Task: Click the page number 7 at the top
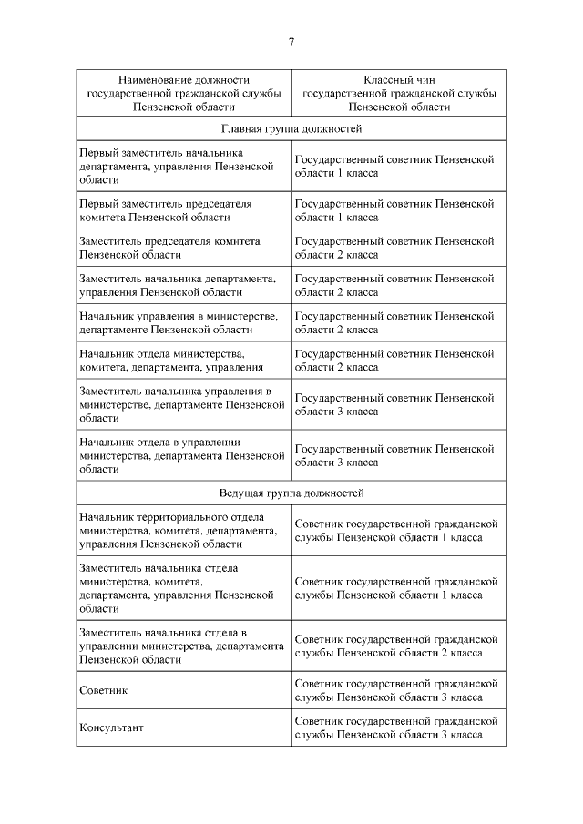pyautogui.click(x=291, y=42)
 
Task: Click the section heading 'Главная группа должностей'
pyautogui.click(x=291, y=129)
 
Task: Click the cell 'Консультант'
pyautogui.click(x=111, y=727)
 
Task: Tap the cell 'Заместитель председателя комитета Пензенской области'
pyautogui.click(x=169, y=248)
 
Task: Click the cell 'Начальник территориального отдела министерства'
pyautogui.click(x=178, y=531)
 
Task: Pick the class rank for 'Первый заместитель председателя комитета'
pyautogui.click(x=394, y=210)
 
